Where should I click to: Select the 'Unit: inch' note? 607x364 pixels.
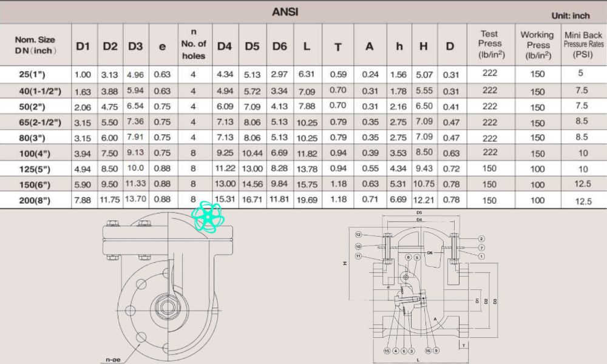(x=570, y=15)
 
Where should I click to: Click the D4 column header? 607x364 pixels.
(x=225, y=46)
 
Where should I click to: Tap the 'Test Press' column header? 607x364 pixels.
(x=490, y=44)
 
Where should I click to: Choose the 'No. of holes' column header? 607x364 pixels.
(x=194, y=44)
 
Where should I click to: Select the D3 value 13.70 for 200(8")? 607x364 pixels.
(x=135, y=200)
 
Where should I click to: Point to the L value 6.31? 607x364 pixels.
(x=307, y=74)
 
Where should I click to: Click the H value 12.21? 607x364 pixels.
(x=423, y=200)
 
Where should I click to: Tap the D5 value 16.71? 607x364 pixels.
(x=252, y=200)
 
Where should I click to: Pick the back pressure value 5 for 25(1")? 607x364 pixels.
(x=580, y=74)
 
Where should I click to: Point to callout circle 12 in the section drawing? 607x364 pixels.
(x=359, y=234)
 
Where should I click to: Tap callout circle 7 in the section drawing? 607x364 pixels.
(x=481, y=248)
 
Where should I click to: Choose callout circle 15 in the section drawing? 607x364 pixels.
(x=386, y=351)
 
